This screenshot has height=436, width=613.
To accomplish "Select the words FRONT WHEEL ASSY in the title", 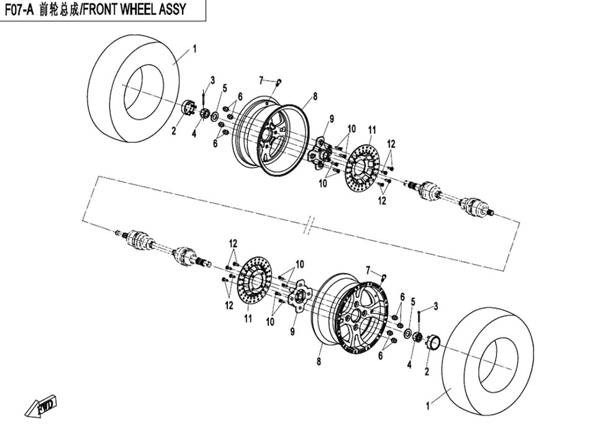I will (134, 11).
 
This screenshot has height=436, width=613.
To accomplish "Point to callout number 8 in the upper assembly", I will (315, 96).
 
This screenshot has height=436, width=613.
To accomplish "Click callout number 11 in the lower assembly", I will (248, 319).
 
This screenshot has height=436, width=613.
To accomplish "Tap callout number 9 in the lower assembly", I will (292, 332).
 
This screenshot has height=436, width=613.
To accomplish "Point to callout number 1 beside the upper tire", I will (194, 47).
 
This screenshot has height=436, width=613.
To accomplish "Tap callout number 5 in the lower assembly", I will (412, 301).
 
